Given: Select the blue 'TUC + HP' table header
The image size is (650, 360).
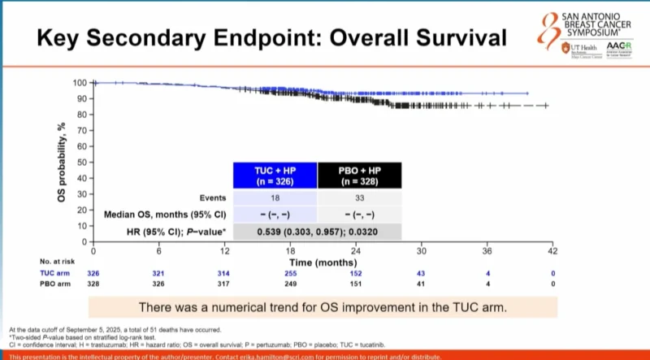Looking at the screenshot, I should click(x=274, y=176).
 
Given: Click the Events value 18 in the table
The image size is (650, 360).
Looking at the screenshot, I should click(x=274, y=197).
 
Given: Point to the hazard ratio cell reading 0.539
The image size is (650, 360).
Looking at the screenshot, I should click(x=317, y=232).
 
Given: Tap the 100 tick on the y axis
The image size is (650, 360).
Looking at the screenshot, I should click(x=80, y=83).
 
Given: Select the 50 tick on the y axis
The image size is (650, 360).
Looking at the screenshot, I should click(x=81, y=163).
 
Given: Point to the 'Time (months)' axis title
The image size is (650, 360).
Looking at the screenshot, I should click(x=322, y=263).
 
